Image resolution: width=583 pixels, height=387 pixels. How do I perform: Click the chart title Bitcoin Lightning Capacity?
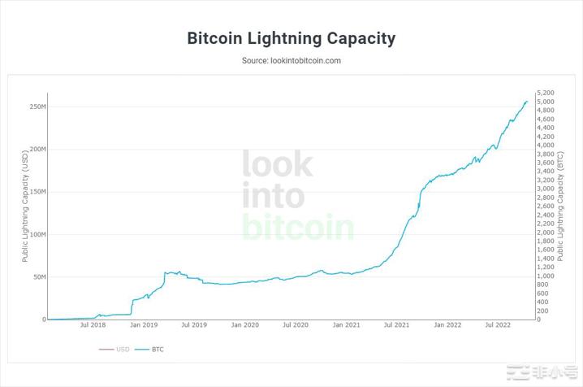(x=291, y=38)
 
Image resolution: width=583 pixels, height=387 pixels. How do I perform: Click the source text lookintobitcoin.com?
(x=291, y=61)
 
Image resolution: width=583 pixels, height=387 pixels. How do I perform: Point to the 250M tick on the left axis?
(x=37, y=107)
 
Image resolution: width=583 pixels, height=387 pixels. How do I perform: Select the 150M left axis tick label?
(x=37, y=192)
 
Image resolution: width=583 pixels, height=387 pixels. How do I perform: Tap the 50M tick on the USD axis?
(x=38, y=277)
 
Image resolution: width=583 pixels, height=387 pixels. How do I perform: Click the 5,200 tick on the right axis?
(x=547, y=93)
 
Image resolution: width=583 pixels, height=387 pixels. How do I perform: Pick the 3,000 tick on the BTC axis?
(x=547, y=189)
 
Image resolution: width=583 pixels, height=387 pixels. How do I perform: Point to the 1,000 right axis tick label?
(x=547, y=276)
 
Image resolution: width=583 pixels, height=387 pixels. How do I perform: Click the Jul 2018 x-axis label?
(x=93, y=325)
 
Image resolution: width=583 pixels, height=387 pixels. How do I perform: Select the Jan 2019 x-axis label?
(x=144, y=325)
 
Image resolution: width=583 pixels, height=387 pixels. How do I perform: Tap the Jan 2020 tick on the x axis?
(x=245, y=325)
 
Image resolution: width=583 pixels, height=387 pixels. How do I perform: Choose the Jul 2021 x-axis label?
(x=396, y=325)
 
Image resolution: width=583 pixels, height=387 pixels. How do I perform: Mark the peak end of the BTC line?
(x=526, y=102)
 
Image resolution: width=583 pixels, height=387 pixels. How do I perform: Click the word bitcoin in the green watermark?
(x=298, y=227)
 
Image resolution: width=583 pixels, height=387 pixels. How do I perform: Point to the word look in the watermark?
(x=277, y=164)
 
